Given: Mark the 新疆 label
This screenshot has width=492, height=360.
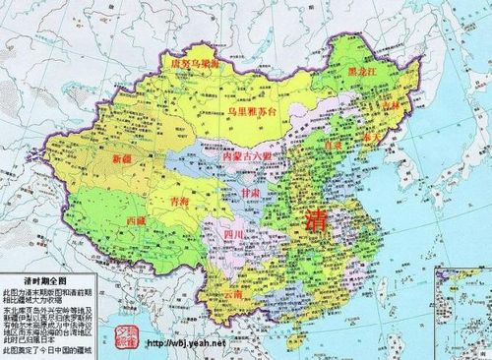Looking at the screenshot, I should (124, 158).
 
